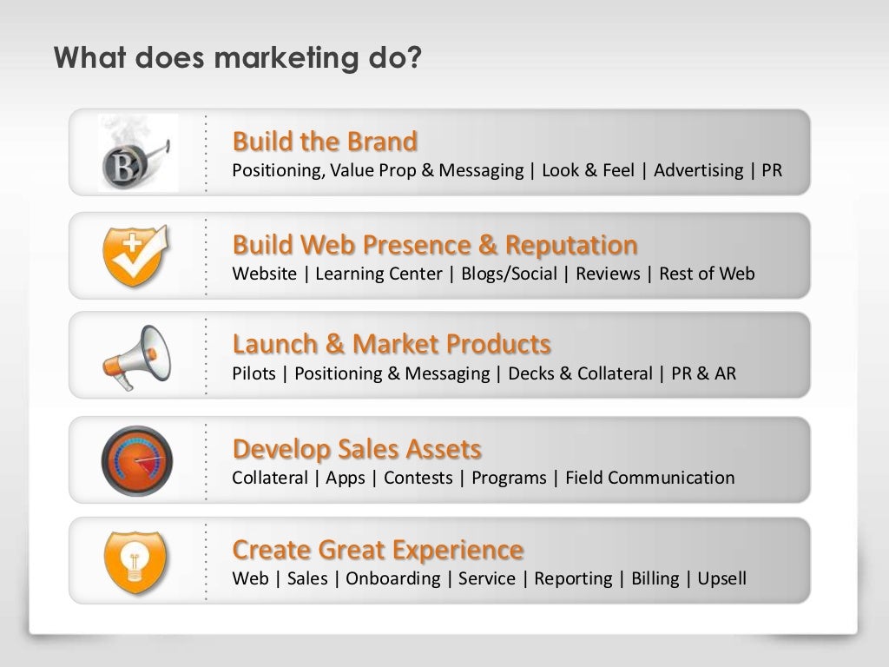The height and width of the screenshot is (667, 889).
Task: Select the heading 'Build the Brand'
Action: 325,141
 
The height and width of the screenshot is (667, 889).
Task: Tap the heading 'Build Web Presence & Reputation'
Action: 435,244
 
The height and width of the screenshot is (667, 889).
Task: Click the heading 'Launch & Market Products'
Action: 392,345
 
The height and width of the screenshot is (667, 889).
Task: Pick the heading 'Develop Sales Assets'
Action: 357,449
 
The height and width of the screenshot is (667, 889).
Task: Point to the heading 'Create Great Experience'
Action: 378,550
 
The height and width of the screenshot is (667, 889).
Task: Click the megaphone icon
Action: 136,355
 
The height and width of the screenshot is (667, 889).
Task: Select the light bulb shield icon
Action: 136,559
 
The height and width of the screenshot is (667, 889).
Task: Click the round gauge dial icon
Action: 136,459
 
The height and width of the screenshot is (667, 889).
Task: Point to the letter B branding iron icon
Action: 136,154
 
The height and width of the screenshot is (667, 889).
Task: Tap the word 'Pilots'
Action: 254,374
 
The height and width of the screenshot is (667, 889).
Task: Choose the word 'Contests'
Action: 418,478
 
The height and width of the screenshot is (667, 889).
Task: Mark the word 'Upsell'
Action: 722,579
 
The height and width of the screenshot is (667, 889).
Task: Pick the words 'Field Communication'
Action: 649,478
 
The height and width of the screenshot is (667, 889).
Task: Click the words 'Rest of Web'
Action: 707,274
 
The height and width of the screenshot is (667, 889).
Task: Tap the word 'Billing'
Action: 655,579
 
